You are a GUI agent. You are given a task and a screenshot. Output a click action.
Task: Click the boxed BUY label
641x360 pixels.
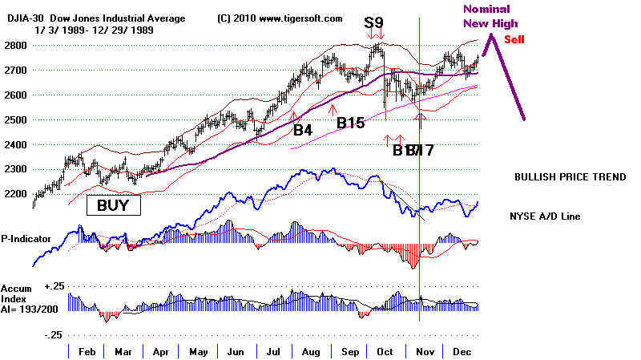[x=113, y=205]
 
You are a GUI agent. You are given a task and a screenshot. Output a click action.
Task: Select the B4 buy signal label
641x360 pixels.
[x=302, y=129]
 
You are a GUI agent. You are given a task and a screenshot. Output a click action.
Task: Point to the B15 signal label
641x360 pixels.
[x=350, y=123]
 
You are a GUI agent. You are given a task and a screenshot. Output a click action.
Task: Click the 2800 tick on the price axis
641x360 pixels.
[x=16, y=45]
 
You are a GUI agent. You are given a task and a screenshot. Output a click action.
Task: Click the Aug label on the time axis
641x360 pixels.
[x=305, y=351]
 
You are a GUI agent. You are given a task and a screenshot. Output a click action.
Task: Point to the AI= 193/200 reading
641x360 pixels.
[x=30, y=309]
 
